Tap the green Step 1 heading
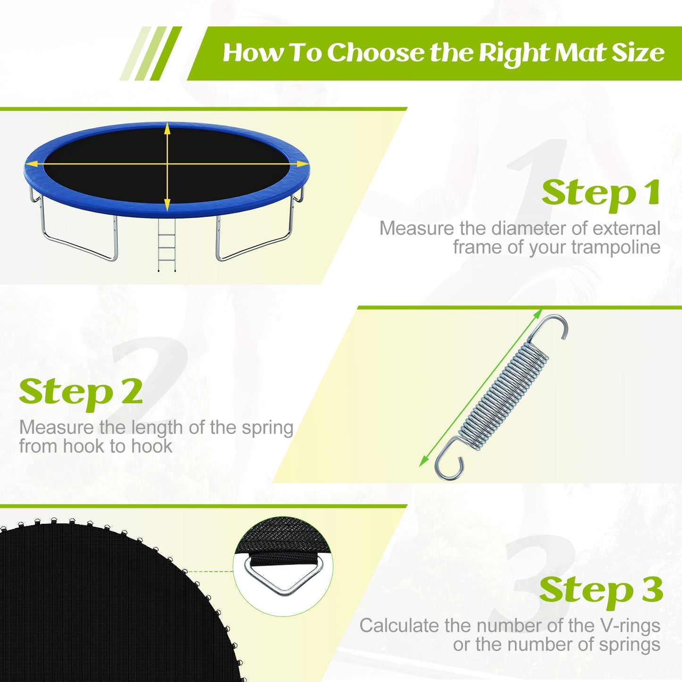(x=601, y=193)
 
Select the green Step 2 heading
(x=81, y=392)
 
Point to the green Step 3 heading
(x=601, y=590)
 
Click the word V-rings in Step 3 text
(x=630, y=626)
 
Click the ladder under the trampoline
(x=167, y=245)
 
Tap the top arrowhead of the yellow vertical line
(x=167, y=128)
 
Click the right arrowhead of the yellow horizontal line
(x=302, y=164)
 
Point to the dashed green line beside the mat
(x=210, y=572)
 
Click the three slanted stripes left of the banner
(x=150, y=53)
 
